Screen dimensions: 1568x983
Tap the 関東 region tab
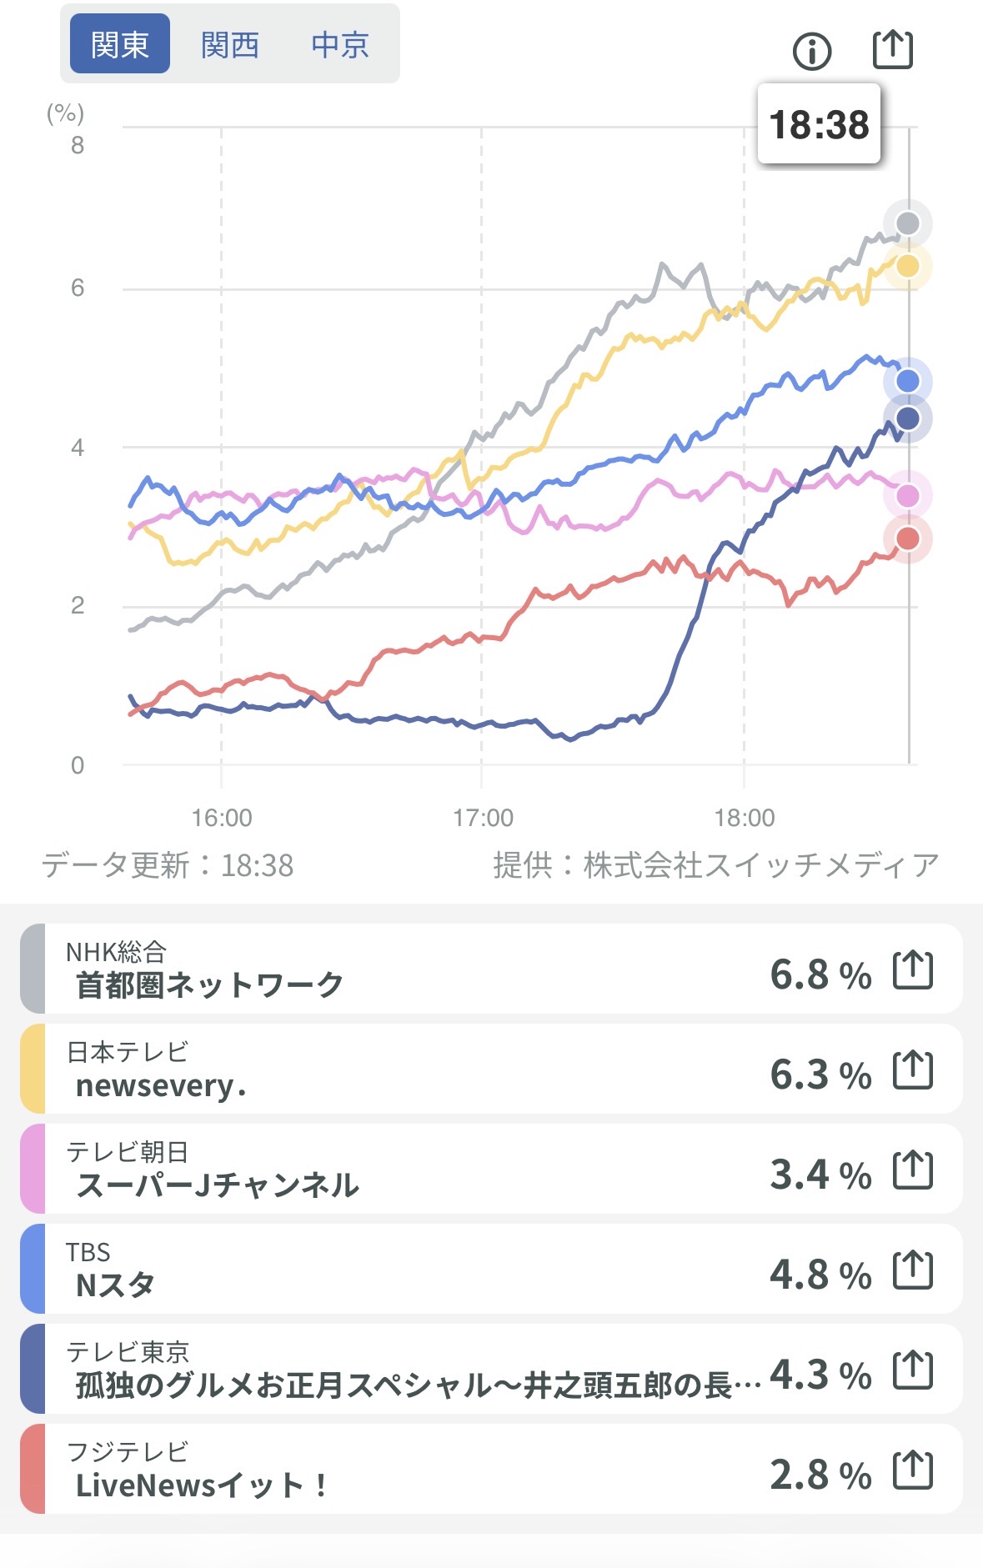pyautogui.click(x=119, y=44)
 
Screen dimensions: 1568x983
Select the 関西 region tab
pyautogui.click(x=230, y=44)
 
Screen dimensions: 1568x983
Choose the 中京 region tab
pyautogui.click(x=340, y=44)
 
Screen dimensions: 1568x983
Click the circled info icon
pyautogui.click(x=811, y=52)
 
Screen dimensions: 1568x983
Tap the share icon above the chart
pyautogui.click(x=892, y=49)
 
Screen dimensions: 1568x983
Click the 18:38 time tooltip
pyautogui.click(x=819, y=125)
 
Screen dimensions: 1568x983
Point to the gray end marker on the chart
pyautogui.click(x=907, y=223)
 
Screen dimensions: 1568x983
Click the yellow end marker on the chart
pyautogui.click(x=907, y=266)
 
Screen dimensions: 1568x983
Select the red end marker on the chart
pyautogui.click(x=907, y=539)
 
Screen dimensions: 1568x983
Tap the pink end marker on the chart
pyautogui.click(x=907, y=496)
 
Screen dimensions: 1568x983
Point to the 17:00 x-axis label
pyautogui.click(x=483, y=818)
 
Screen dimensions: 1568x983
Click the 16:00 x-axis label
pyautogui.click(x=222, y=818)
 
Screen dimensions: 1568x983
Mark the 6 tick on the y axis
pyautogui.click(x=78, y=288)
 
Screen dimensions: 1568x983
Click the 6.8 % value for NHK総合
pyautogui.click(x=820, y=974)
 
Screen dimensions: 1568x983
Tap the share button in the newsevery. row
pyautogui.click(x=912, y=1070)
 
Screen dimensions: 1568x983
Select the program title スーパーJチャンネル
pyautogui.click(x=217, y=1185)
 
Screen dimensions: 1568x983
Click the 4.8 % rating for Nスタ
pyautogui.click(x=820, y=1274)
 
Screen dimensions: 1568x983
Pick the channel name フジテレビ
pyautogui.click(x=128, y=1451)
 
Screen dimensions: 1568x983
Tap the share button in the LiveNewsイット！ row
pyautogui.click(x=912, y=1470)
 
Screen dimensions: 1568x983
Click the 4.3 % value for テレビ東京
pyautogui.click(x=820, y=1374)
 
